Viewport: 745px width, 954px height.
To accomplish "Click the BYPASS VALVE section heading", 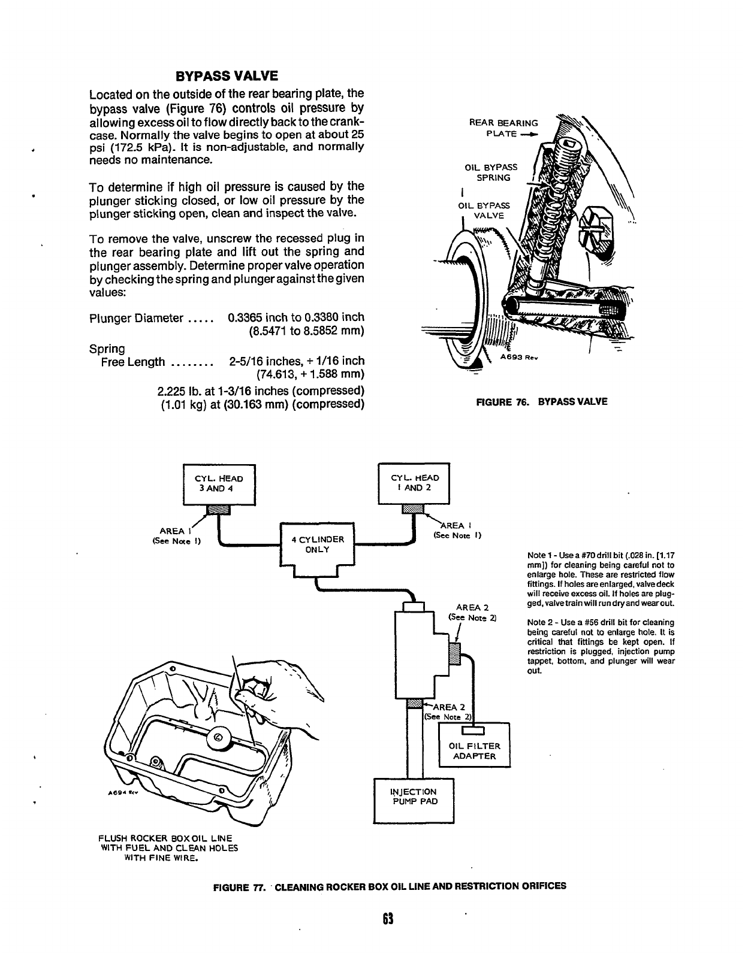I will (x=227, y=76).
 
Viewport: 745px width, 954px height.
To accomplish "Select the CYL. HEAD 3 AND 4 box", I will (x=219, y=484).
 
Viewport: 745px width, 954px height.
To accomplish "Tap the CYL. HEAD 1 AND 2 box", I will (x=414, y=483).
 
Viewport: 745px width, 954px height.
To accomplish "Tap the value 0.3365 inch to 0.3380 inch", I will (x=296, y=317).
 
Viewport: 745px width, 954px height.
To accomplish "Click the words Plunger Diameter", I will (x=135, y=318).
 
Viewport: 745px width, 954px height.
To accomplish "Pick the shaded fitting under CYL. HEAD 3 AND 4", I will (x=218, y=510).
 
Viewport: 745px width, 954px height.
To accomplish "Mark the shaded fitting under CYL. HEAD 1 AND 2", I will (x=414, y=509).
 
